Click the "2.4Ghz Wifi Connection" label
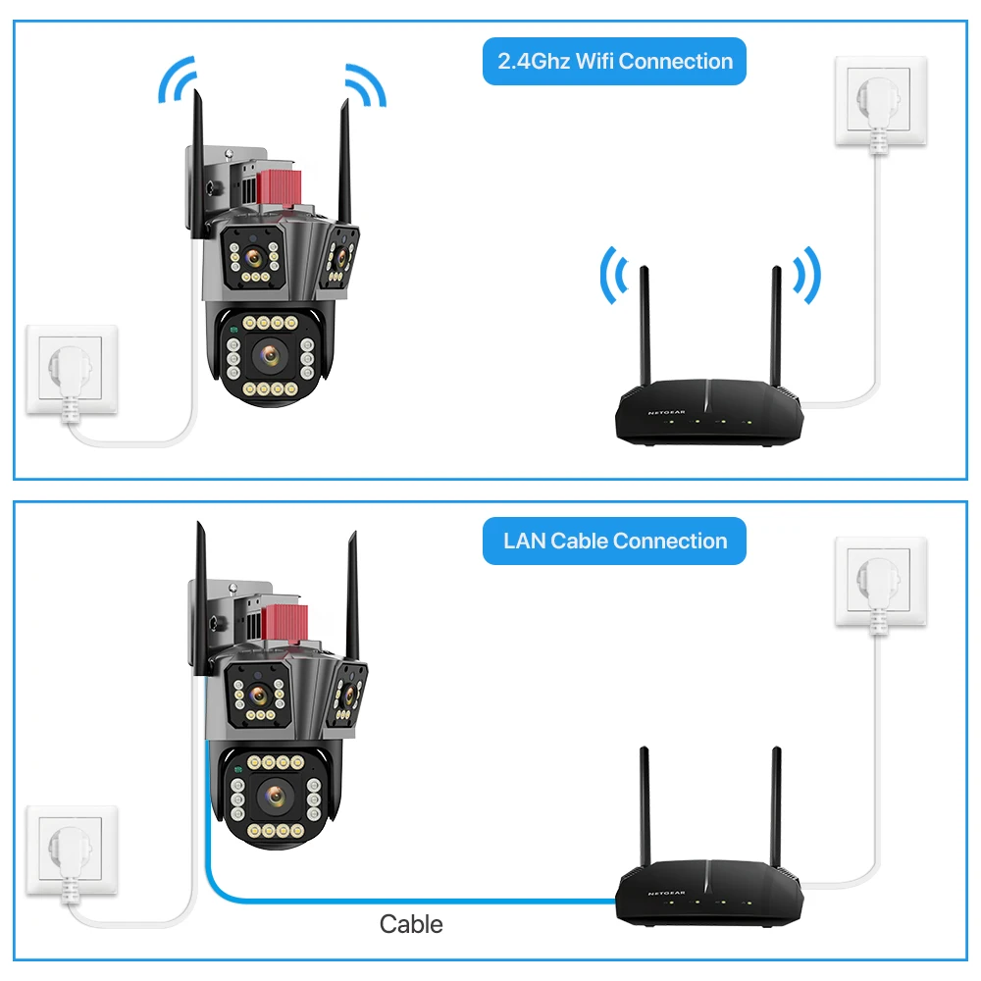click(x=614, y=62)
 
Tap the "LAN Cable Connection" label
click(x=614, y=542)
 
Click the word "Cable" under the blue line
click(x=411, y=923)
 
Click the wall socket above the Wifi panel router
click(x=880, y=101)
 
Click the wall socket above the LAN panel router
click(x=880, y=581)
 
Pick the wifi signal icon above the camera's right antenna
click(x=364, y=84)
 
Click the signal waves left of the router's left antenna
click(x=612, y=276)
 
